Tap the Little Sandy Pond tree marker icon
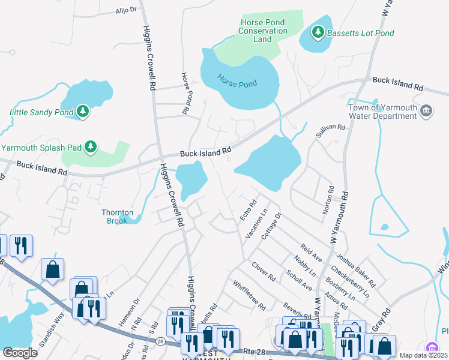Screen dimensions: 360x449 (83, 111)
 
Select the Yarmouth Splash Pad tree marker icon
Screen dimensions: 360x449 (91, 146)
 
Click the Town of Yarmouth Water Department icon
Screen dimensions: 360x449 (427, 111)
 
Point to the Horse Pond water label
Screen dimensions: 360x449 (237, 84)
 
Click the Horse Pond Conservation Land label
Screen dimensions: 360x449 (263, 31)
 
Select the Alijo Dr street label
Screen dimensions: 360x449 (126, 10)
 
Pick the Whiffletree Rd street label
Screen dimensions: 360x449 (249, 296)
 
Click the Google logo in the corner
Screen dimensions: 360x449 (20, 353)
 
